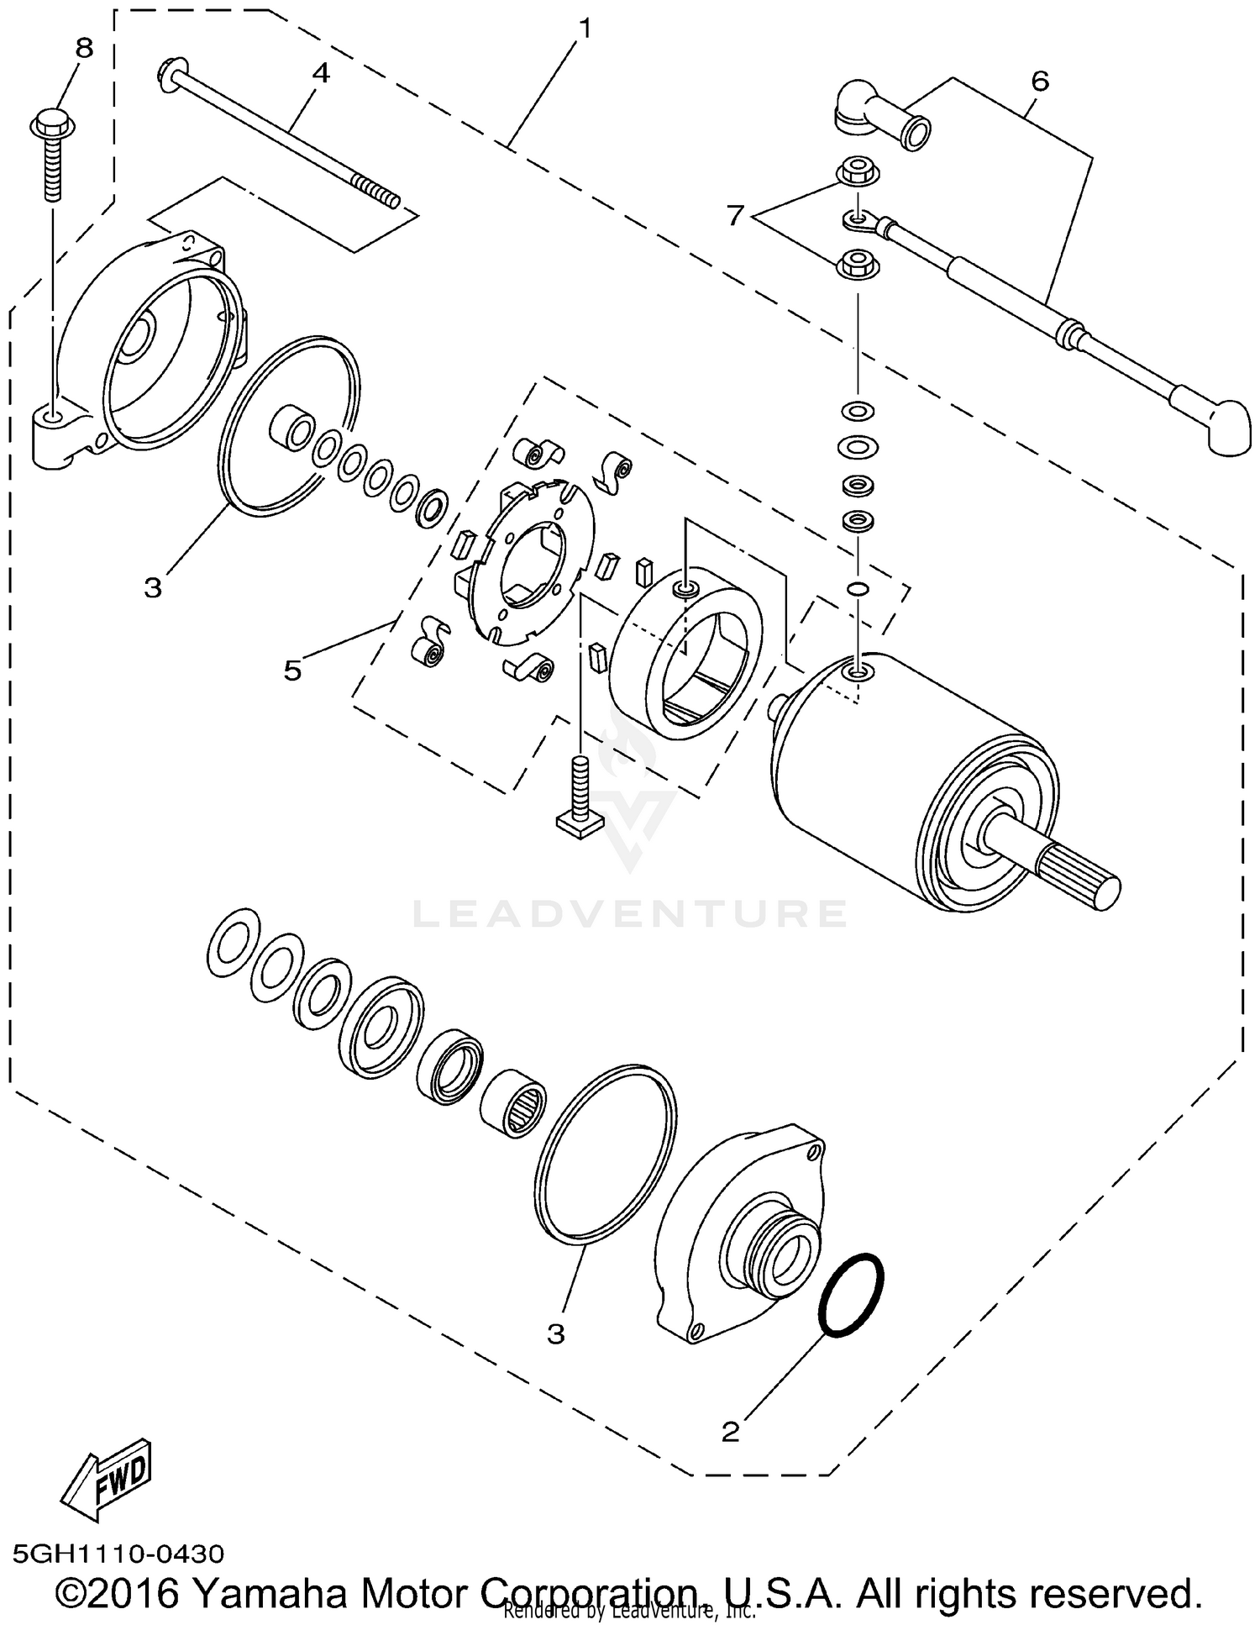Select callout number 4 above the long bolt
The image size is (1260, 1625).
[321, 74]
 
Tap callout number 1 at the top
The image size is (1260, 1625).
[585, 29]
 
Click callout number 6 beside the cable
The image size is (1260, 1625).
[1040, 82]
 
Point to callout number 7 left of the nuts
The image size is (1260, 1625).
[736, 217]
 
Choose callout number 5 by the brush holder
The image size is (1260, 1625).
[291, 671]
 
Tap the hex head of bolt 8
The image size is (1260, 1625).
[54, 122]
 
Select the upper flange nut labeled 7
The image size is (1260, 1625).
[858, 171]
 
